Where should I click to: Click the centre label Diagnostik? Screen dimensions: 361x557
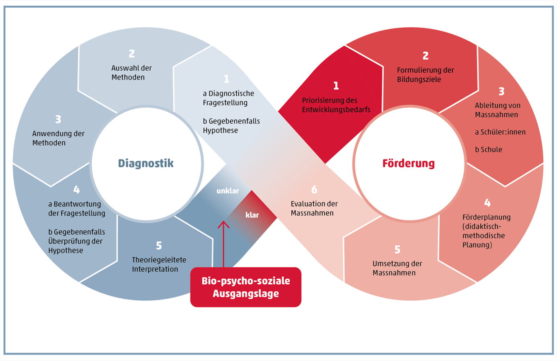145,163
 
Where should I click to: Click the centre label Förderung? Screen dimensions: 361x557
408,163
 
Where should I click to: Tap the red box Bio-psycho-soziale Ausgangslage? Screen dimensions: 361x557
246,287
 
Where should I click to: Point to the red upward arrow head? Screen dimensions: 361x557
223,224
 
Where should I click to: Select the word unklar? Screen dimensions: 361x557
227,191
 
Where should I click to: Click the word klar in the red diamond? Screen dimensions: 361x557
252,215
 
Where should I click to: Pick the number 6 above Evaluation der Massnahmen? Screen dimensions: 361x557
314,190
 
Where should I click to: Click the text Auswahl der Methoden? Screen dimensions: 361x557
131,73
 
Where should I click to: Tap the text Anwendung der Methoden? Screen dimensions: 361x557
58,138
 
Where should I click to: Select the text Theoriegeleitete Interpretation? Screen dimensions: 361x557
159,264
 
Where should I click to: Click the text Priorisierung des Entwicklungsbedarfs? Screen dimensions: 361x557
336,105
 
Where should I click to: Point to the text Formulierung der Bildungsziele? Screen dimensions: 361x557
425,75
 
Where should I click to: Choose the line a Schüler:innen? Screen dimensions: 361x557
500,132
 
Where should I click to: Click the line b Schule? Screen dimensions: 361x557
488,149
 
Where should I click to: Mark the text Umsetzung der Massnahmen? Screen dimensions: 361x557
397,268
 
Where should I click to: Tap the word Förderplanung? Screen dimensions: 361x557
486,217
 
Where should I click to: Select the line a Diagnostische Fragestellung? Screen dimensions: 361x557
228,98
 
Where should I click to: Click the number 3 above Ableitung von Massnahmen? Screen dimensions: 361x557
501,92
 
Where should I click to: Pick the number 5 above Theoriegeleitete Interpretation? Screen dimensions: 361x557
159,245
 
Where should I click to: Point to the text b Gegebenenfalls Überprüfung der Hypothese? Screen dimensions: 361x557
76,241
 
